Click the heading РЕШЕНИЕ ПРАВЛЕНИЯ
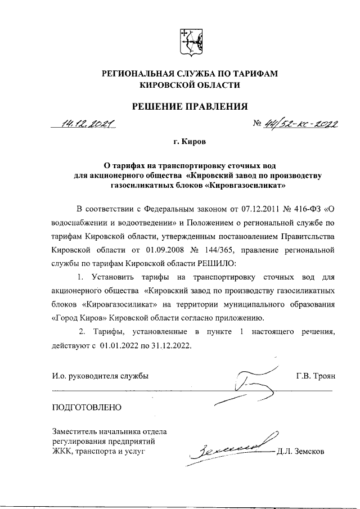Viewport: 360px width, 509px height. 189,106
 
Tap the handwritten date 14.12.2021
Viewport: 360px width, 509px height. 89,123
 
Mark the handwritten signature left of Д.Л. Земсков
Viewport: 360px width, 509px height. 231,448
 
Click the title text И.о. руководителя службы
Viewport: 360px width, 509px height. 101,376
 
